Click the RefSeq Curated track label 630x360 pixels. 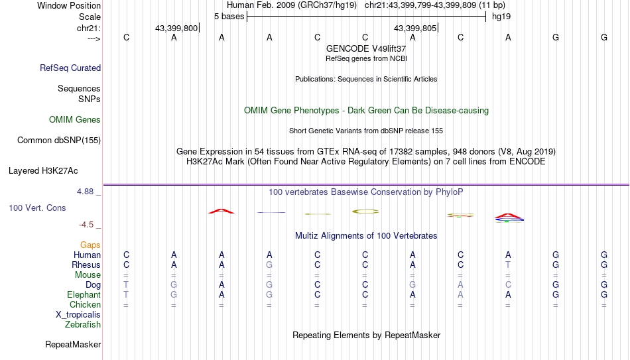pyautogui.click(x=70, y=68)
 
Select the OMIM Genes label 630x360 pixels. pyautogui.click(x=75, y=120)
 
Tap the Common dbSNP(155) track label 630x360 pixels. pyautogui.click(x=59, y=141)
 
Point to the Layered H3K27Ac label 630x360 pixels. pyautogui.click(x=43, y=171)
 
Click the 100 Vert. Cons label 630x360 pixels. pyautogui.click(x=37, y=208)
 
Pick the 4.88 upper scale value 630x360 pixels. pyautogui.click(x=85, y=192)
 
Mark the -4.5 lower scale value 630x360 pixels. pyautogui.click(x=86, y=225)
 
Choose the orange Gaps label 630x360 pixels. pyautogui.click(x=90, y=245)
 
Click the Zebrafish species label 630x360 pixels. pyautogui.click(x=83, y=325)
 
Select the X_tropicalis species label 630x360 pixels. pyautogui.click(x=78, y=315)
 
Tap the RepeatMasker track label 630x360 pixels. pyautogui.click(x=73, y=345)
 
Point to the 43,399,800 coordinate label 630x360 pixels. pyautogui.click(x=176, y=28)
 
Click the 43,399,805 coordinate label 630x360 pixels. pyautogui.click(x=415, y=28)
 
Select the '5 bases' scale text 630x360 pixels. pyautogui.click(x=229, y=17)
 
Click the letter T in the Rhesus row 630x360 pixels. pyautogui.click(x=508, y=265)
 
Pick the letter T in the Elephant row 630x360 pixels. pyautogui.click(x=126, y=294)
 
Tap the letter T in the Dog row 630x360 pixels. pyautogui.click(x=126, y=284)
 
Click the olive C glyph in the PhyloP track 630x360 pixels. pyautogui.click(x=365, y=211)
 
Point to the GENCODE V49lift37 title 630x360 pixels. pyautogui.click(x=366, y=48)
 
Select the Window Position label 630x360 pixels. pyautogui.click(x=69, y=5)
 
